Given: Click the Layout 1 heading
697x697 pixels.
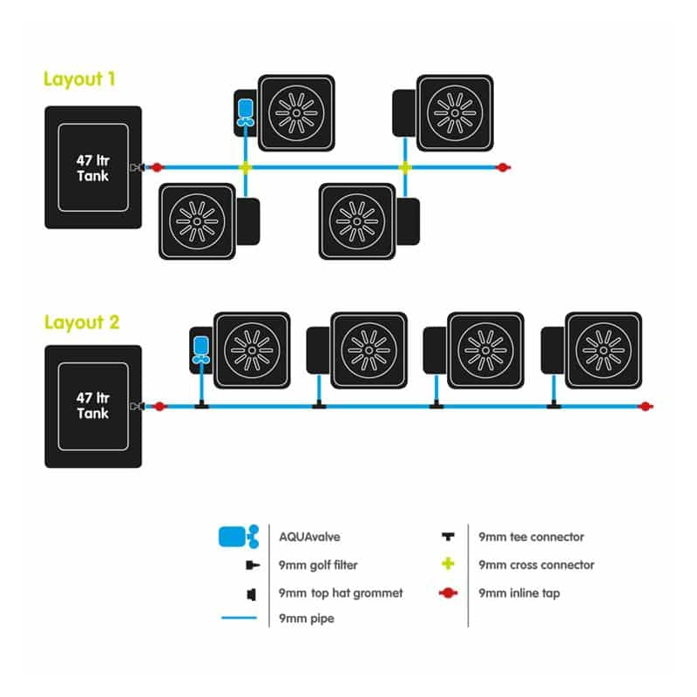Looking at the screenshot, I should click(x=80, y=79).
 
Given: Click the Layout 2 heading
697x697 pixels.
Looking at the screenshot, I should click(x=82, y=322).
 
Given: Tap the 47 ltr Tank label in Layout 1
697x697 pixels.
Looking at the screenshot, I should click(x=92, y=167).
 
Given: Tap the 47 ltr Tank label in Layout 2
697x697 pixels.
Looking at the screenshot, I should click(x=92, y=406).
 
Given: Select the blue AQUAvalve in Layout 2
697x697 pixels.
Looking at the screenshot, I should click(x=200, y=348).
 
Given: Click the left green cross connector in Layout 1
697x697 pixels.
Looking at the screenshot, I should click(x=246, y=166).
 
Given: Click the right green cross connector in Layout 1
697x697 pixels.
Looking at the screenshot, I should click(x=404, y=166).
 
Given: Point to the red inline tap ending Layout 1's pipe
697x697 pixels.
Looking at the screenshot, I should click(x=502, y=166).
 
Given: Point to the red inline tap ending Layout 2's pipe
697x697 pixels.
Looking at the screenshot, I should click(x=644, y=406).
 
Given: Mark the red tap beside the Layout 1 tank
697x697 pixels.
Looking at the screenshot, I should click(x=158, y=166).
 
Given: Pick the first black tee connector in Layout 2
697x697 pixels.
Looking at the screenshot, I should click(x=200, y=405).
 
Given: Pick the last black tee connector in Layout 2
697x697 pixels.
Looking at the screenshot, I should click(x=553, y=405).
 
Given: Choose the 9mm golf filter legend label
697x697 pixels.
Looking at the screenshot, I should click(x=318, y=565).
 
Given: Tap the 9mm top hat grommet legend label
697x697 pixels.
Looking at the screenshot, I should click(x=341, y=593).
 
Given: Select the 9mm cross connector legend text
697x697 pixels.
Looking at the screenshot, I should click(x=536, y=565).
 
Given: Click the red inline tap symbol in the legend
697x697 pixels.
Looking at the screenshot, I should click(x=448, y=593).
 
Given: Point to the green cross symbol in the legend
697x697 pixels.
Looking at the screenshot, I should click(x=448, y=565).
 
